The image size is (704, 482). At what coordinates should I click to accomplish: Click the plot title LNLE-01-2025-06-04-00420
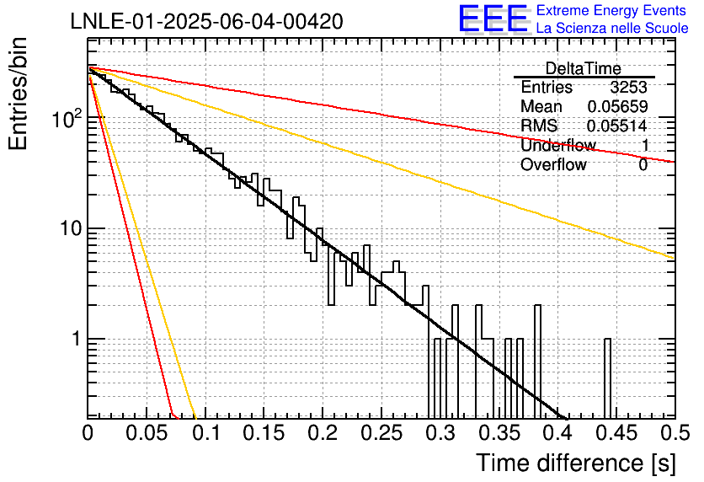coord(207,22)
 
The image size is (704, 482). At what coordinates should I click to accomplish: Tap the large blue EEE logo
coord(493,19)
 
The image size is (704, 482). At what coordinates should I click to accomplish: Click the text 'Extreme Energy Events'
coord(611,10)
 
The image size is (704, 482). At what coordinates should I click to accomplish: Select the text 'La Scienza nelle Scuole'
coord(612,28)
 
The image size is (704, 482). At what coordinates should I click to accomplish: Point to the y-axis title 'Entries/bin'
coord(18,94)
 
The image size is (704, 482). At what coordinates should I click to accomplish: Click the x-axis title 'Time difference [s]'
coord(576,463)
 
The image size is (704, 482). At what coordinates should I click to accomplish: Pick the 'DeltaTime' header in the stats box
coord(584,68)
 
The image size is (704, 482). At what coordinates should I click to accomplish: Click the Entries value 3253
coord(628,87)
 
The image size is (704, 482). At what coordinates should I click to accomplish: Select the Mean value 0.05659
coord(618,106)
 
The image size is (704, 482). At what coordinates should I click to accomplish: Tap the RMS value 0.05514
coord(617,126)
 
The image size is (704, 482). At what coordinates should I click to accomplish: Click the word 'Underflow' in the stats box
coord(558,145)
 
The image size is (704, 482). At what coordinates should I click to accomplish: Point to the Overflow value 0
coord(643,165)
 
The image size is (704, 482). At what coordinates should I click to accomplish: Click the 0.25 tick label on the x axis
coord(381,433)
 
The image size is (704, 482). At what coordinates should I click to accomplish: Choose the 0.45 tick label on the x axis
coord(617,433)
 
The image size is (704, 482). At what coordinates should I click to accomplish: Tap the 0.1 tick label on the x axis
coord(205,433)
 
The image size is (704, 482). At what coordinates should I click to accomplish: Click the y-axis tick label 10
coord(71,229)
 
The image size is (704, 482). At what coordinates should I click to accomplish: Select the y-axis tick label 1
coord(76,339)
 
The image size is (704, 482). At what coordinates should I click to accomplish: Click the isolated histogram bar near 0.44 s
coord(607,378)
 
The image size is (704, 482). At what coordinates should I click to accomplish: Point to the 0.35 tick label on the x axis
coord(499,433)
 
